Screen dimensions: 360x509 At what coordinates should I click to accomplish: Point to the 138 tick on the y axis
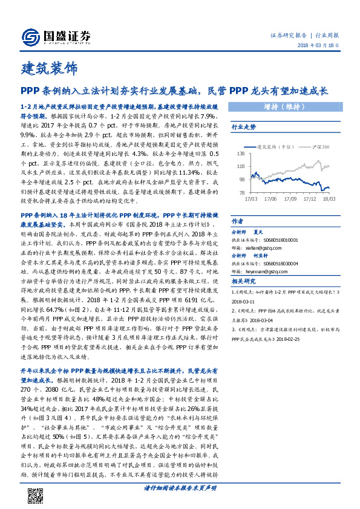click(240, 155)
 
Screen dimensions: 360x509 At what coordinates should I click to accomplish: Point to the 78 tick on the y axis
click(241, 192)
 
